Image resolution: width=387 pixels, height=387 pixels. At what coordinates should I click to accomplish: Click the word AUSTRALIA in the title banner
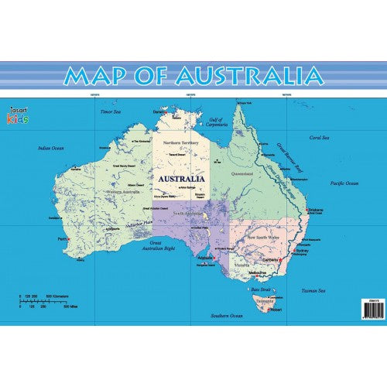(248, 76)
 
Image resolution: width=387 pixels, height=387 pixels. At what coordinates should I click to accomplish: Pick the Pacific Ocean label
(344, 183)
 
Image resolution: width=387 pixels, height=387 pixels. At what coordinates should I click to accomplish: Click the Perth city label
(62, 239)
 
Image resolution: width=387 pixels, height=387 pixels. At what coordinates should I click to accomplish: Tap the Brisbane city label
(315, 210)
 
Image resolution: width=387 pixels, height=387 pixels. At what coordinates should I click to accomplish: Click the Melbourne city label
(259, 272)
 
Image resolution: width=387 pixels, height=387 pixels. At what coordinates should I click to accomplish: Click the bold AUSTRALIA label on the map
(181, 178)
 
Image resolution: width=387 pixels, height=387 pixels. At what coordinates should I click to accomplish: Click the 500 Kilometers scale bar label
(62, 296)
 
